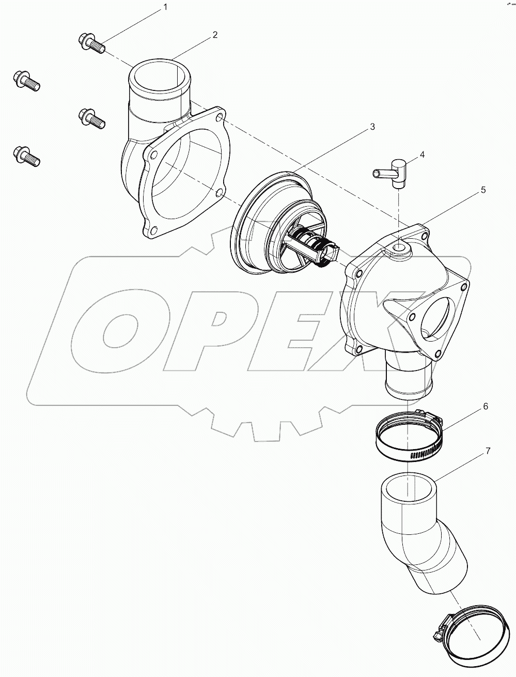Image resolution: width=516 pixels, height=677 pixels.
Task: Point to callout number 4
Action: (x=422, y=155)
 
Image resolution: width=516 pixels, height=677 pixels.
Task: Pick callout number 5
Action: (x=483, y=190)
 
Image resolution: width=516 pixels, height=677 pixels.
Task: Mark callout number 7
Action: (x=487, y=451)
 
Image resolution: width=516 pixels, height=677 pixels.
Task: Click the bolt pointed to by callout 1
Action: (x=91, y=42)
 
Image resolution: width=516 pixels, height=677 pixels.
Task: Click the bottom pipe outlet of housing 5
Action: (x=406, y=382)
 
